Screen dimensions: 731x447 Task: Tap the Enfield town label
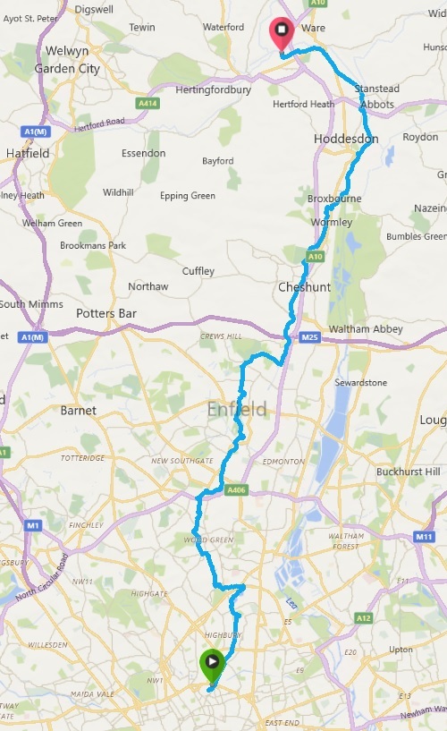click(x=237, y=410)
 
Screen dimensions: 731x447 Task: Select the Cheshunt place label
click(x=304, y=287)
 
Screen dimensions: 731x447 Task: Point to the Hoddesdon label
click(x=346, y=140)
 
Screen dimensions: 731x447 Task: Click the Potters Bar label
click(x=105, y=314)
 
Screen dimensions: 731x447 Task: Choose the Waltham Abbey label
click(x=366, y=329)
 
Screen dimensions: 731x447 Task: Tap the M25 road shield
click(x=310, y=337)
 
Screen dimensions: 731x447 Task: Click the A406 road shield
click(x=236, y=489)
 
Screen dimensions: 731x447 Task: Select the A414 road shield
click(x=148, y=104)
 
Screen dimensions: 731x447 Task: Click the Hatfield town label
click(x=27, y=153)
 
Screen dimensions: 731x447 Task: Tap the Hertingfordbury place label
click(x=215, y=89)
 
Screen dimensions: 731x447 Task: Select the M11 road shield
click(x=423, y=536)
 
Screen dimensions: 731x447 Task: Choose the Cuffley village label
click(x=198, y=271)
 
